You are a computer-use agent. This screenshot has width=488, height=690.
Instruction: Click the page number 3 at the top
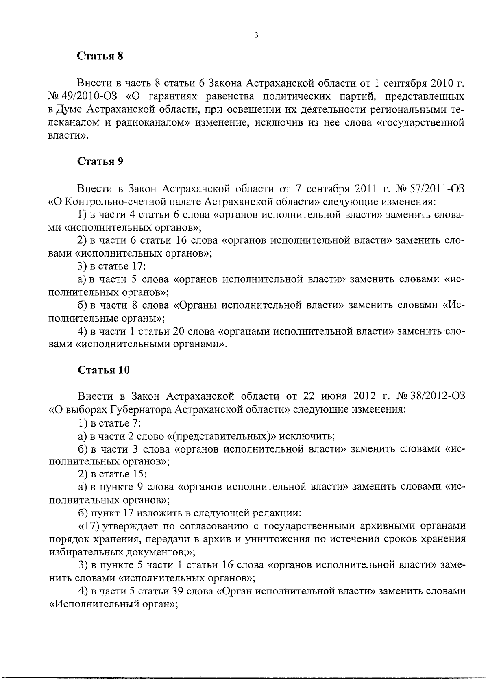click(256, 35)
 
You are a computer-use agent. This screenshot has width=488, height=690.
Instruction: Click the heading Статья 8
click(100, 57)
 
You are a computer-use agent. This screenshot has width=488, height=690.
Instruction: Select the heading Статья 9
click(100, 161)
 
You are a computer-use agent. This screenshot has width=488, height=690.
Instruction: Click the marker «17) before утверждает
click(88, 527)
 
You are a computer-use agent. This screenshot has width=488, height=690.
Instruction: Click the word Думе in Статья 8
click(70, 110)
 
